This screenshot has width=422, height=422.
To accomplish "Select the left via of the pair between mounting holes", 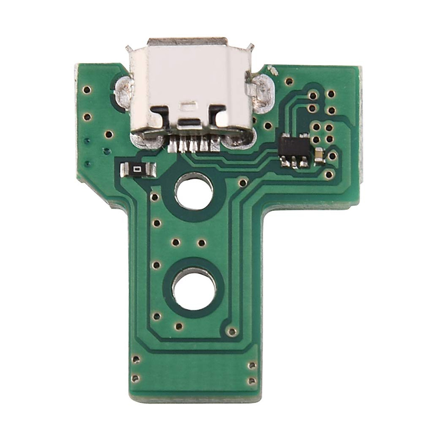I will click(x=175, y=242).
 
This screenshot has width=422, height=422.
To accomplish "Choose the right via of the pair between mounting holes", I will click(x=201, y=242).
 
